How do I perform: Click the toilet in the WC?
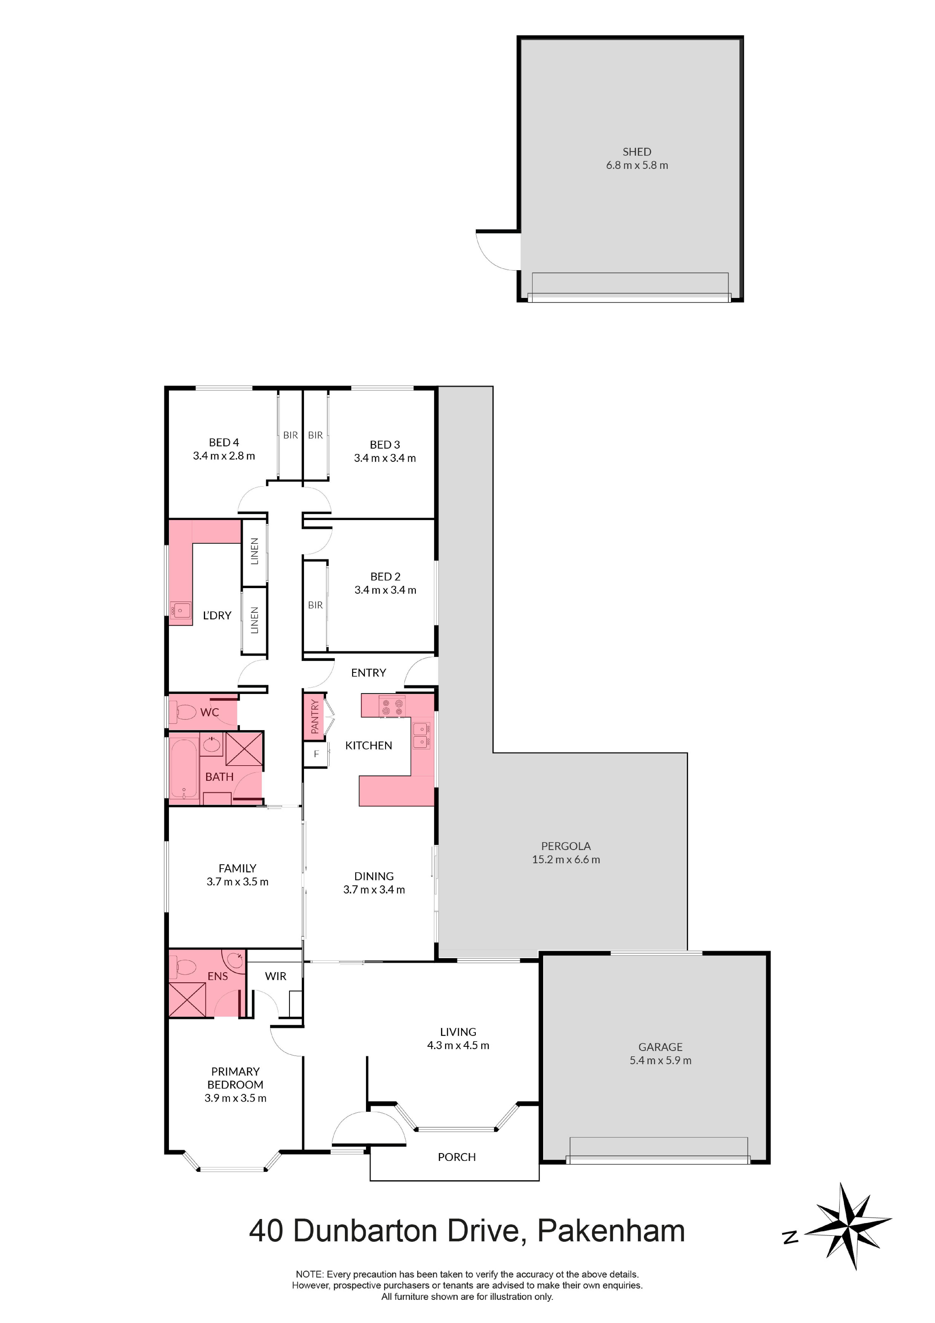184,713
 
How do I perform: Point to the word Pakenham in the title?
611,1231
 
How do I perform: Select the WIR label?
276,976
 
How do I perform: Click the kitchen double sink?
421,735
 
